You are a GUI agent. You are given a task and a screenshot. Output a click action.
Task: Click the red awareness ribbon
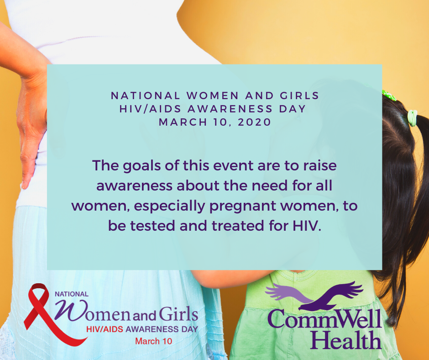point(41,315)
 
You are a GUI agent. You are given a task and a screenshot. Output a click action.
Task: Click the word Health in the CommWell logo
point(345,340)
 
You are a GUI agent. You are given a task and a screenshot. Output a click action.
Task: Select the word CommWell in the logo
point(324,319)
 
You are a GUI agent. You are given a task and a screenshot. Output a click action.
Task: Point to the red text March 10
point(154,341)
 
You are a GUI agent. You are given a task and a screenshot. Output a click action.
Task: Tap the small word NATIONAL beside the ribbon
point(72,294)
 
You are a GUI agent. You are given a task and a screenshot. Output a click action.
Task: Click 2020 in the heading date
point(255,122)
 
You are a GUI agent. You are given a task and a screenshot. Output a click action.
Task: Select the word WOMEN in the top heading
point(213,95)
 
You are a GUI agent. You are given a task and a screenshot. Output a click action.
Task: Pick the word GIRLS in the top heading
point(299,95)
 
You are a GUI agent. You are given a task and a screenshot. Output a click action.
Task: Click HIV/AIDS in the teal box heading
point(151,109)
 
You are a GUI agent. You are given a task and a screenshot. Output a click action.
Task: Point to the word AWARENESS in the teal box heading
point(230,109)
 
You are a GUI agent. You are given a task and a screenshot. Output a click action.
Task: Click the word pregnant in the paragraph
point(243,206)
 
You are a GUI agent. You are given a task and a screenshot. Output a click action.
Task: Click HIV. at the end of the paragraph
point(307,226)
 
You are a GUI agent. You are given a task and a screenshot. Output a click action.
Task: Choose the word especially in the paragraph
point(170,206)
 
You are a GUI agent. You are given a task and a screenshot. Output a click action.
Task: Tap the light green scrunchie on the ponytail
point(413,118)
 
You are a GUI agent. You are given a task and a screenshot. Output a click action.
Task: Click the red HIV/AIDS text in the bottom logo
point(105,329)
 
